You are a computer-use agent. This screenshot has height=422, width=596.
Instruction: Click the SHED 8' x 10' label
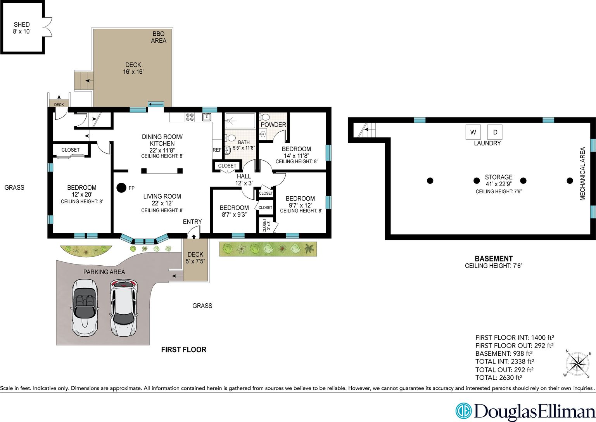pyautogui.click(x=22, y=28)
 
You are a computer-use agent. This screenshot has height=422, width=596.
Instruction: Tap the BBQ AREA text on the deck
pyautogui.click(x=159, y=37)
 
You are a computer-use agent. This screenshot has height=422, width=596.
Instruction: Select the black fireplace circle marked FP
pyautogui.click(x=121, y=188)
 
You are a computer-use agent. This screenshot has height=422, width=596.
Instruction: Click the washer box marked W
pyautogui.click(x=473, y=132)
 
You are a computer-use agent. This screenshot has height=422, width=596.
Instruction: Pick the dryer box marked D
pyautogui.click(x=495, y=132)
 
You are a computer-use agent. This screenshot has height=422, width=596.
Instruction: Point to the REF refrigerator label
pyautogui.click(x=217, y=150)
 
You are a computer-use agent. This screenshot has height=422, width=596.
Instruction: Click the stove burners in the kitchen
pyautogui.click(x=190, y=117)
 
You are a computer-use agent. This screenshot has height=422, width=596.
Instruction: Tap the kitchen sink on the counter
pyautogui.click(x=207, y=117)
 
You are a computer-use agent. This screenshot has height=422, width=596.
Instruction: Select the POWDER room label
pyautogui.click(x=273, y=125)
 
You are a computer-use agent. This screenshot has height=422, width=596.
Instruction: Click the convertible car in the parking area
pyautogui.click(x=85, y=308)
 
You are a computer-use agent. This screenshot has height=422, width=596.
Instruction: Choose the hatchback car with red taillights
pyautogui.click(x=124, y=308)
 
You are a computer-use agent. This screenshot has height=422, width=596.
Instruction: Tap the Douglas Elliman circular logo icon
pyautogui.click(x=463, y=411)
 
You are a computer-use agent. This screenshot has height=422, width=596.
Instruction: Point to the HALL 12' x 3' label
pyautogui.click(x=244, y=180)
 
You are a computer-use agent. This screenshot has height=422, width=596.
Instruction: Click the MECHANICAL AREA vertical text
pyautogui.click(x=582, y=174)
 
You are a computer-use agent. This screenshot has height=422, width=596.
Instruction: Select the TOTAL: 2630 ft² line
pyautogui.click(x=499, y=377)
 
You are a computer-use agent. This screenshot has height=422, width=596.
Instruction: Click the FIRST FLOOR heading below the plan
pyautogui.click(x=184, y=349)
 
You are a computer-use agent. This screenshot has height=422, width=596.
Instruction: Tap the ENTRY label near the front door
pyautogui.click(x=192, y=221)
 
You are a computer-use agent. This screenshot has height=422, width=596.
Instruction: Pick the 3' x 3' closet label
pyautogui.click(x=266, y=225)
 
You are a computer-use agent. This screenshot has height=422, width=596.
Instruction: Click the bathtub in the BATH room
pyautogui.click(x=240, y=121)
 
